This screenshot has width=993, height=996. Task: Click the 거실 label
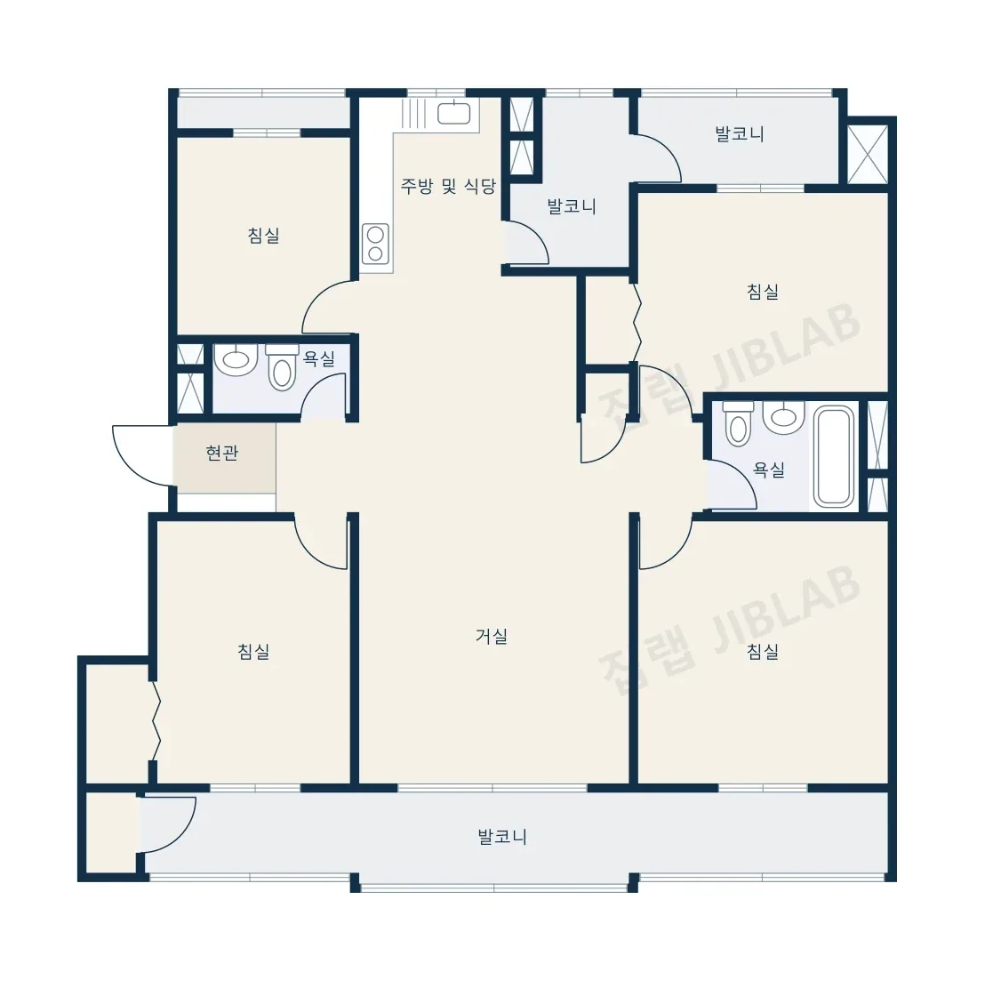pos(492,636)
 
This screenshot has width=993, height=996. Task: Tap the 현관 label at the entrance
pos(221,453)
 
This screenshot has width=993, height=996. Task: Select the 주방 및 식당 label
pos(448,186)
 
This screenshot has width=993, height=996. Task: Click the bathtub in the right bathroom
pos(834,457)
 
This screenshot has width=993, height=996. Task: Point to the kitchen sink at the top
pos(454,114)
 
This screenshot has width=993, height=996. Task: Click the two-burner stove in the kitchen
pos(375,244)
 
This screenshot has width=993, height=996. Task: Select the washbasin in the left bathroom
pos(236,359)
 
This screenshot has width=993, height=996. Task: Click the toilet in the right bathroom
pos(738,423)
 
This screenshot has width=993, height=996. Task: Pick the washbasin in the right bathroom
pos(783,417)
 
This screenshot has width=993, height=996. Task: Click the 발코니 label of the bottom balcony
pos(502,837)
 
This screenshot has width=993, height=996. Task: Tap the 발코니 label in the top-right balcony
pos(740,134)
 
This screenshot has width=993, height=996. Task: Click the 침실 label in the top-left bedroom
pos(263,236)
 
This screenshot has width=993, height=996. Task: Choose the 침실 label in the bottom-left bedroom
pos(254,651)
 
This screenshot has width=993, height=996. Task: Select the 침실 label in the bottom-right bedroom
pos(763,651)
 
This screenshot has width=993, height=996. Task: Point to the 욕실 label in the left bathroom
pos(319,359)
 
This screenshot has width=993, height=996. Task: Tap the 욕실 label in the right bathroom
pos(769,470)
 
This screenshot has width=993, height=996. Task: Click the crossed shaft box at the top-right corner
pos(868,155)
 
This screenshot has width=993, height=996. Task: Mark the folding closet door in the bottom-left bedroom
pos(156,720)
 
